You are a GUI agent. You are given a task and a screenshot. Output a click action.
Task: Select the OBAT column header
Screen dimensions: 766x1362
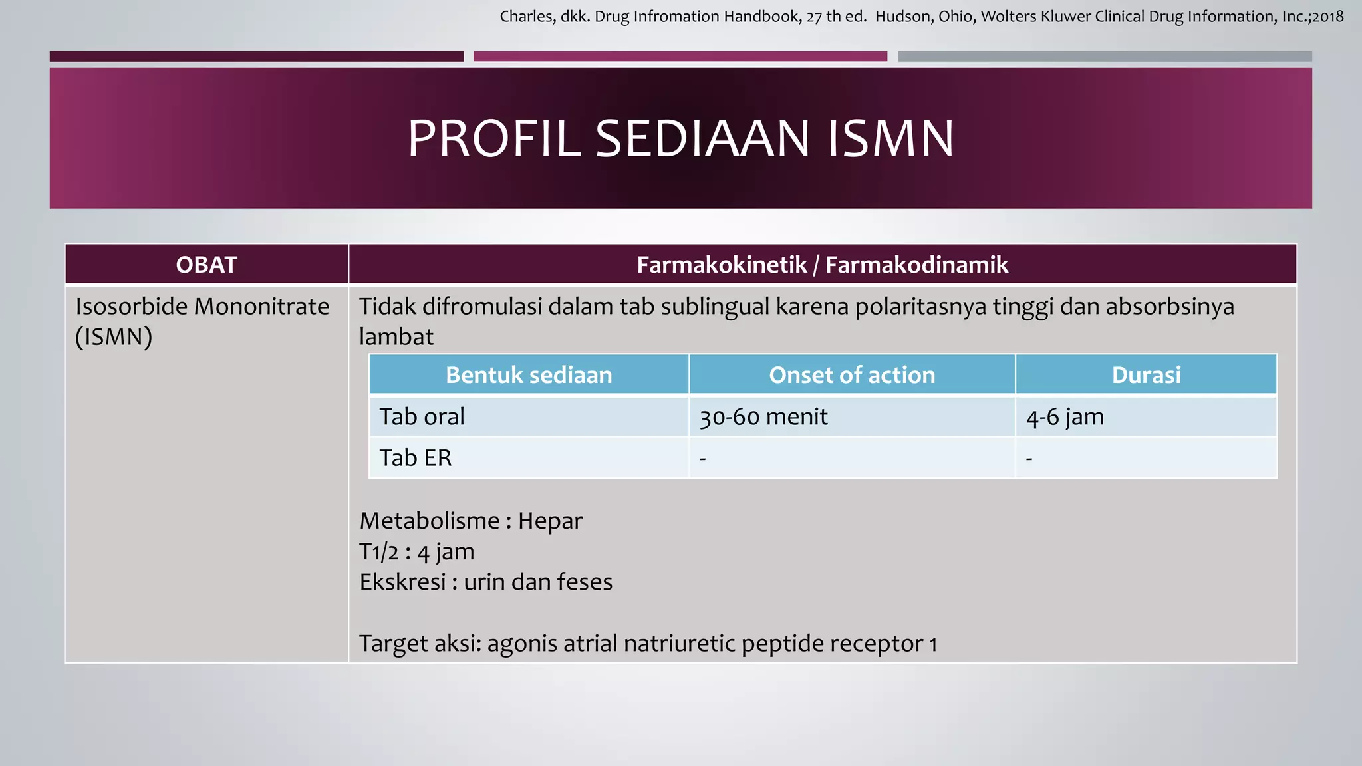pos(206,265)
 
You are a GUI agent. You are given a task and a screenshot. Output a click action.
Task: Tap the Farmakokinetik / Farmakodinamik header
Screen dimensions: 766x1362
pos(822,265)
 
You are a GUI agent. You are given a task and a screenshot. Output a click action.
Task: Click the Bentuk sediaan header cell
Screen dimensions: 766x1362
pos(529,375)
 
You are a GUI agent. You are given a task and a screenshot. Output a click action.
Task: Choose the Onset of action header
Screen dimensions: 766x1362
pos(852,375)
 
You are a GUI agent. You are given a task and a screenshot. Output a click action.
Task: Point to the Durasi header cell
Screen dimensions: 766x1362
pos(1146,375)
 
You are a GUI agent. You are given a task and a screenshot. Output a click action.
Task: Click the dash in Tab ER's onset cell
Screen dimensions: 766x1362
pos(703,459)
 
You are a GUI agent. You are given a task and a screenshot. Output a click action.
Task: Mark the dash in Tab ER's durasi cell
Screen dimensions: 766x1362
pos(1029,459)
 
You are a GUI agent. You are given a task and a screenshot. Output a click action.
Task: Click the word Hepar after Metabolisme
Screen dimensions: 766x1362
pos(550,521)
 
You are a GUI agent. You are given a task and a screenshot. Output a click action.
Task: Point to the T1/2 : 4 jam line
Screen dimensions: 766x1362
pos(417,552)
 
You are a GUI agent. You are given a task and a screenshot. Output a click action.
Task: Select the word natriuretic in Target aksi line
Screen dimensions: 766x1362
pos(679,644)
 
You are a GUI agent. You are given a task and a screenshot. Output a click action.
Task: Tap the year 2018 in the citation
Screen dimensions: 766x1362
pos(1327,17)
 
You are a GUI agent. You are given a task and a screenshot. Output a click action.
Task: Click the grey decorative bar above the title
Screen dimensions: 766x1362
pos(1105,57)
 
